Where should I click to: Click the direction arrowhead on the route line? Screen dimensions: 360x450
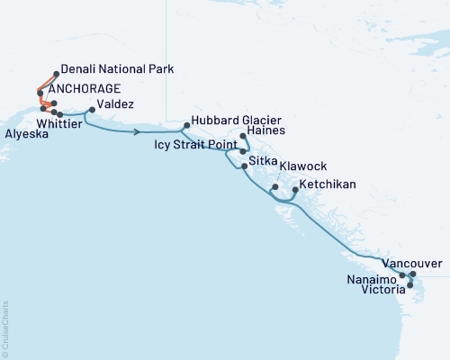136,132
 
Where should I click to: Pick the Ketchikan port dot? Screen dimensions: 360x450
295,192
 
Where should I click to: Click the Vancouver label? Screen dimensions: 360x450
411,263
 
